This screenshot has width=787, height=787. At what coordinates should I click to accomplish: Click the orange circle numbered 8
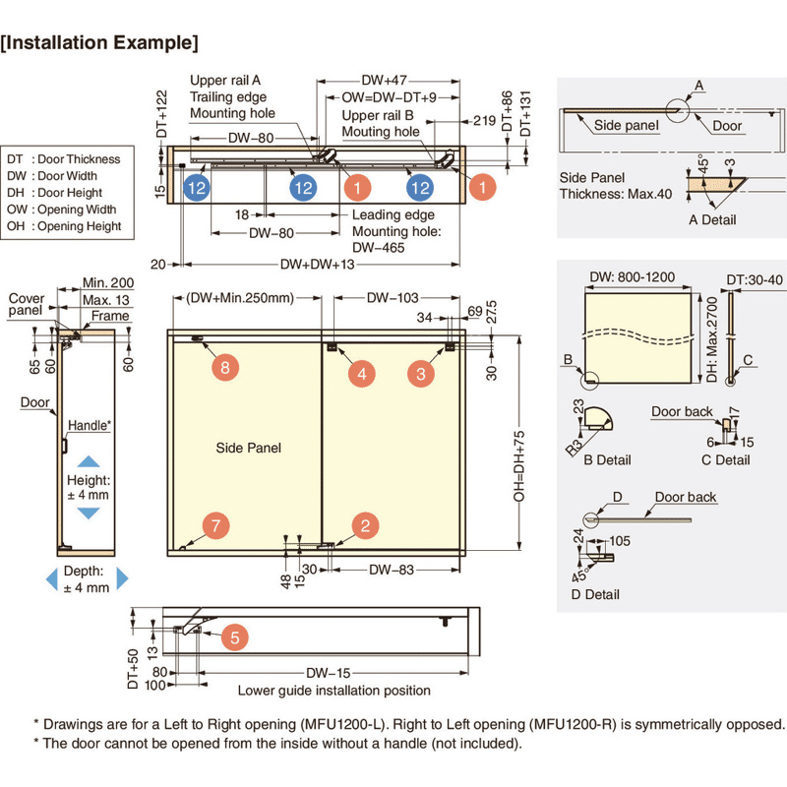click(x=225, y=368)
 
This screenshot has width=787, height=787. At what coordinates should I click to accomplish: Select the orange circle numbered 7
click(x=215, y=525)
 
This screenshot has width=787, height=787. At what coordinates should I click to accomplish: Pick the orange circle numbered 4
click(x=362, y=373)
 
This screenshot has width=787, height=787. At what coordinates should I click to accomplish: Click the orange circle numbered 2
click(x=365, y=525)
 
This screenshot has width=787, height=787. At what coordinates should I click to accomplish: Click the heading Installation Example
click(x=100, y=43)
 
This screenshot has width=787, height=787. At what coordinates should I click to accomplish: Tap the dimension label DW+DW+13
click(x=317, y=265)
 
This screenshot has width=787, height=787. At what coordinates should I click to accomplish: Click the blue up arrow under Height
click(x=89, y=460)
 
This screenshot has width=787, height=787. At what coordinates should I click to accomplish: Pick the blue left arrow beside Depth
click(x=51, y=579)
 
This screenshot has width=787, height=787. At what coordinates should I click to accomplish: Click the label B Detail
click(x=606, y=459)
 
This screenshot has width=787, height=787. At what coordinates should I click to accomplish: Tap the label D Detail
click(x=595, y=594)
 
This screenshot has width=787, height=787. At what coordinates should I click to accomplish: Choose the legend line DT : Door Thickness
click(x=64, y=159)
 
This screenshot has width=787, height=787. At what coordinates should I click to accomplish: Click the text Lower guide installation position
click(x=333, y=691)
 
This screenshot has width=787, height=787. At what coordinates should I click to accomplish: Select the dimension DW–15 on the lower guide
click(x=329, y=673)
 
